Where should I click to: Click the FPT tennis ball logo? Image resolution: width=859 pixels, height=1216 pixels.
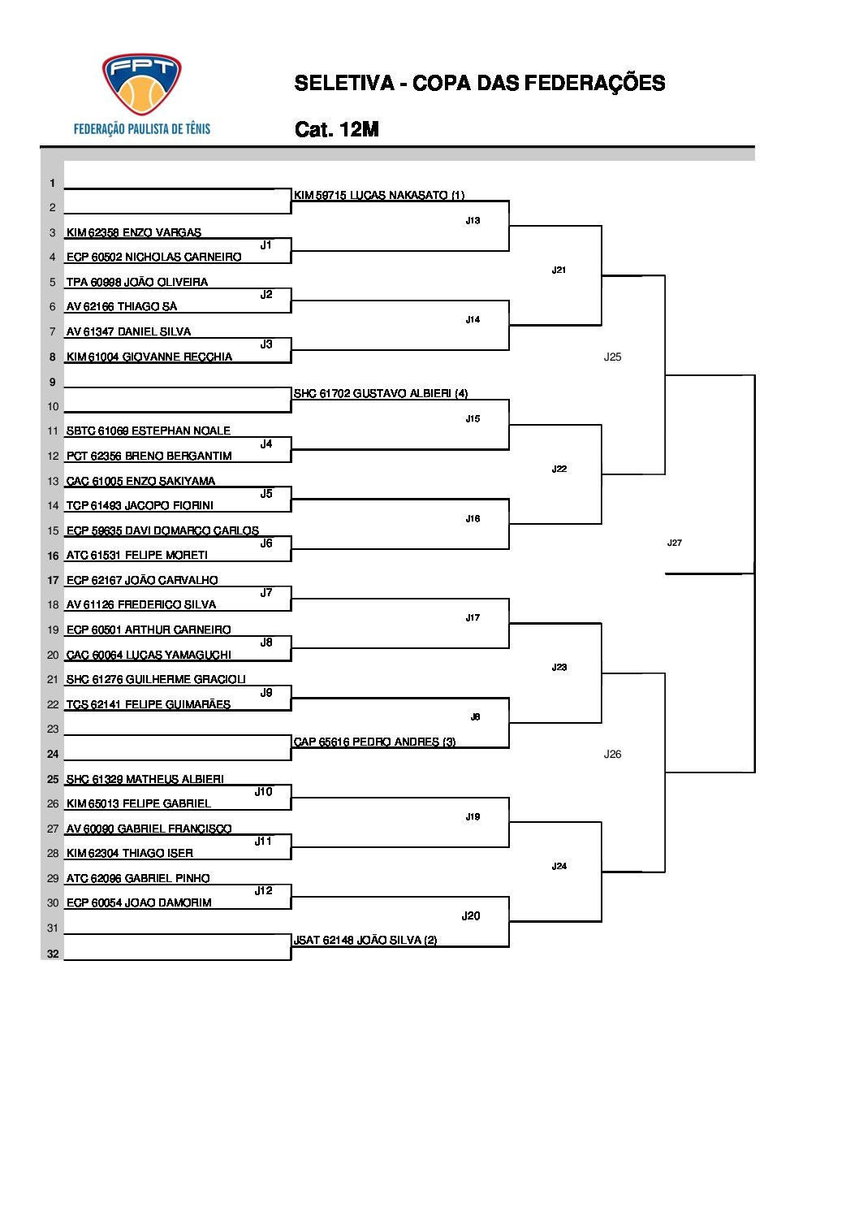[141, 84]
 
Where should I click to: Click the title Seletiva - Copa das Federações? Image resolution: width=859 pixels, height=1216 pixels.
[479, 83]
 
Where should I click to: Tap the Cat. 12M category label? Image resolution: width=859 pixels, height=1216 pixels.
[337, 129]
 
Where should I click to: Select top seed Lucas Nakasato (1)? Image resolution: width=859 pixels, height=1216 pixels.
[378, 195]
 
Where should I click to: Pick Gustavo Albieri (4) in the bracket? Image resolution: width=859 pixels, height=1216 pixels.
[380, 393]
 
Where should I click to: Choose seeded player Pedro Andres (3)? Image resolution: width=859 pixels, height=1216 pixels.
[374, 742]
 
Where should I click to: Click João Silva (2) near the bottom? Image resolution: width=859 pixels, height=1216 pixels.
[365, 940]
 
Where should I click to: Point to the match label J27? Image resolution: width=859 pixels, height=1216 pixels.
[674, 543]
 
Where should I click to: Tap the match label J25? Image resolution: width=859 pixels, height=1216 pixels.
[612, 357]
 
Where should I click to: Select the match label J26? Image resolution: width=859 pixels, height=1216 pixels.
[612, 754]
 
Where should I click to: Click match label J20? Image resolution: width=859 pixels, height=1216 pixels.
[471, 915]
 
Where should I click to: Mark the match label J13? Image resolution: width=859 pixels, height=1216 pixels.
[473, 220]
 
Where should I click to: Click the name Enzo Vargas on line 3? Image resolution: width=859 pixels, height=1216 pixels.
[134, 232]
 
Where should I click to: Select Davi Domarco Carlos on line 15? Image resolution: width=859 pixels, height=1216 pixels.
[162, 530]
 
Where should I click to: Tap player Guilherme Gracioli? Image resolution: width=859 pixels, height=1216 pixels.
[156, 679]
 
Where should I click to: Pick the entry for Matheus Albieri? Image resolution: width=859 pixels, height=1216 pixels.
[145, 779]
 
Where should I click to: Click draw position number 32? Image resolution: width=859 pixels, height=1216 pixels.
[53, 954]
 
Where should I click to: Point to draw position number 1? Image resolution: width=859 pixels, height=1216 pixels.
[53, 184]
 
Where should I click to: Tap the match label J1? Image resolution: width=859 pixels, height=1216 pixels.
[265, 244]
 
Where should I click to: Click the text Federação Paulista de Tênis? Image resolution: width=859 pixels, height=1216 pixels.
[142, 128]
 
